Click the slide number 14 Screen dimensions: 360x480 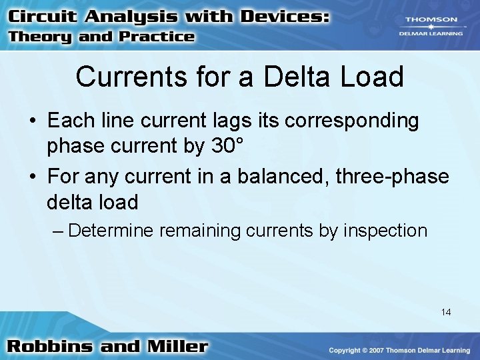tap(446, 312)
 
